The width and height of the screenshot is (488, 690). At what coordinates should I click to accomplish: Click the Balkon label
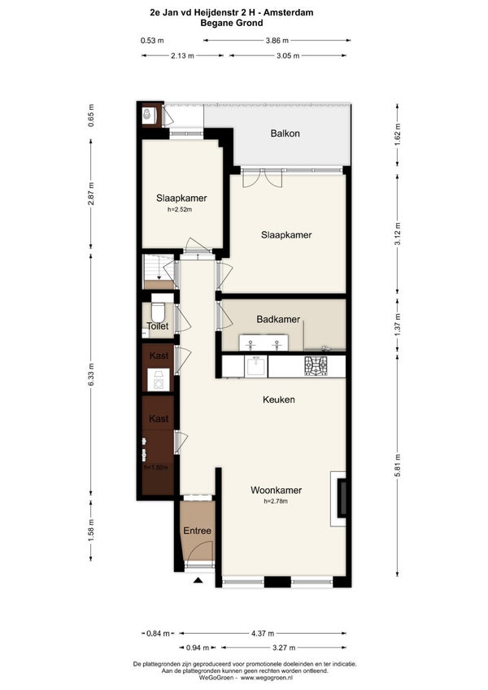pyautogui.click(x=285, y=133)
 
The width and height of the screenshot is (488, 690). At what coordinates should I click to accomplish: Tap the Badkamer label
pyautogui.click(x=278, y=320)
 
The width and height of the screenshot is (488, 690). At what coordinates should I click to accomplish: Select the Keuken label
pyautogui.click(x=278, y=400)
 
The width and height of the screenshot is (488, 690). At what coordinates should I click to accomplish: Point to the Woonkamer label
pyautogui.click(x=277, y=490)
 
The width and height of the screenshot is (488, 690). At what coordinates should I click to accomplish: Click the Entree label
pyautogui.click(x=197, y=531)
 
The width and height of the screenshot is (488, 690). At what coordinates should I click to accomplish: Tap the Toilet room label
pyautogui.click(x=158, y=326)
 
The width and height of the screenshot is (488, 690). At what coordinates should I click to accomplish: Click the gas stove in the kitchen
pyautogui.click(x=316, y=366)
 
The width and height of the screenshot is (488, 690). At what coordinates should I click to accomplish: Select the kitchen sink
pyautogui.click(x=255, y=366)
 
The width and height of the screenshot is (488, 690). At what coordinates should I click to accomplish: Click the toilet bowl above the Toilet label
pyautogui.click(x=158, y=311)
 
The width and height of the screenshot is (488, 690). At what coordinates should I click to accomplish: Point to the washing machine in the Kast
pyautogui.click(x=158, y=380)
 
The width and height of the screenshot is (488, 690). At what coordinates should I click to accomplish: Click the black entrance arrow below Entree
pyautogui.click(x=198, y=580)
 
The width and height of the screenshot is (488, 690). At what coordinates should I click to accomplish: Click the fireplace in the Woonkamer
pyautogui.click(x=341, y=499)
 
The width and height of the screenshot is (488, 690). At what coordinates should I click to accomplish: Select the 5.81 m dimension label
pyautogui.click(x=398, y=465)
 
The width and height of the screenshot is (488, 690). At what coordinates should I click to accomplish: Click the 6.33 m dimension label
pyautogui.click(x=91, y=375)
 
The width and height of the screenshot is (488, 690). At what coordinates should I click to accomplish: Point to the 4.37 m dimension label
pyautogui.click(x=263, y=633)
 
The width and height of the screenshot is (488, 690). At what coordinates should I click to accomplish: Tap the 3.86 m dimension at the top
pyautogui.click(x=277, y=41)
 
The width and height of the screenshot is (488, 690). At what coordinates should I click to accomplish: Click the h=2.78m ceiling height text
pyautogui.click(x=276, y=501)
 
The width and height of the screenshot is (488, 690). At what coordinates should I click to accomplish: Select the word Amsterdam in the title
pyautogui.click(x=288, y=13)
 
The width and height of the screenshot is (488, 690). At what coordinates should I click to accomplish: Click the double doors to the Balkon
pyautogui.click(x=262, y=177)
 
